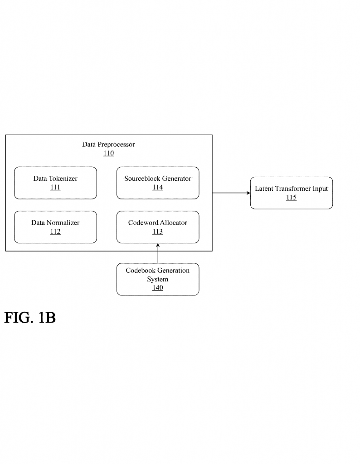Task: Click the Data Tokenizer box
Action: [55, 183]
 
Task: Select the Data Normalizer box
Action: [55, 227]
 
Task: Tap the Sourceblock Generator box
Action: [158, 183]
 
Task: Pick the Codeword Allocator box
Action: [158, 227]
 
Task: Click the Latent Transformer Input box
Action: [291, 193]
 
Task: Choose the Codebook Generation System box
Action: [158, 279]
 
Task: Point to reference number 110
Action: [108, 154]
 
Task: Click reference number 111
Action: [55, 188]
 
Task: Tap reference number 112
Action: [55, 232]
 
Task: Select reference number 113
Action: [158, 232]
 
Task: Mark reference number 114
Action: [158, 188]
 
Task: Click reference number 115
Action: [291, 198]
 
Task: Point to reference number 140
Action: [158, 288]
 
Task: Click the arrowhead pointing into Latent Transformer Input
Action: [248, 193]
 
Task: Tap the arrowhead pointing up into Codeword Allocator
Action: [158, 246]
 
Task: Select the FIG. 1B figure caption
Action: [30, 318]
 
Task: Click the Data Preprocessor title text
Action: [108, 145]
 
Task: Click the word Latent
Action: [264, 188]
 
